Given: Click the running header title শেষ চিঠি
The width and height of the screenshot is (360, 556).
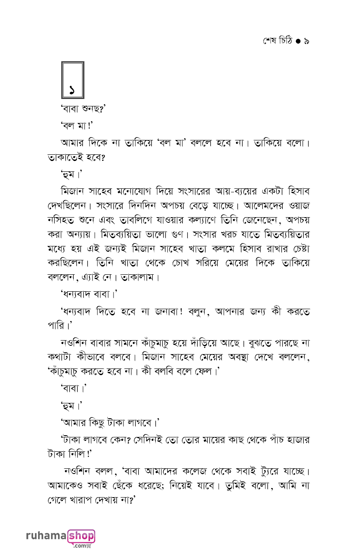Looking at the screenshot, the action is pyautogui.click(x=277, y=41).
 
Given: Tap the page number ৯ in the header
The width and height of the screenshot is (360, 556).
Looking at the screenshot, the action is pyautogui.click(x=306, y=41).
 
